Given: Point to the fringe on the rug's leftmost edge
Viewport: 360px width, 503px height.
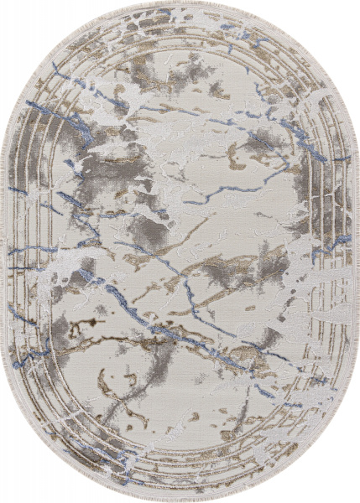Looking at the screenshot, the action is [5, 251].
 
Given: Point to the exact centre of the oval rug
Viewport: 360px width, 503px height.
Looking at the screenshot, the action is [180, 251].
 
